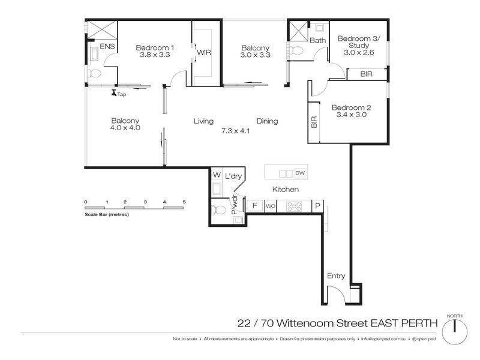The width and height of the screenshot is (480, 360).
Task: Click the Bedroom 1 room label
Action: (x=155, y=48)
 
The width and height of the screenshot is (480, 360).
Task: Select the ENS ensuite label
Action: (x=107, y=46)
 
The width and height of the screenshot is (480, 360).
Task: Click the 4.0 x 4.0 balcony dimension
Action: (x=125, y=128)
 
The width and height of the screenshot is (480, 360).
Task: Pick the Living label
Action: (x=203, y=121)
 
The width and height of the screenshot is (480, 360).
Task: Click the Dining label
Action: (x=267, y=121)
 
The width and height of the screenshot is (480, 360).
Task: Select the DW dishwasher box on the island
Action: (x=300, y=173)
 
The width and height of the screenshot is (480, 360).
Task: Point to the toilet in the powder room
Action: (x=218, y=210)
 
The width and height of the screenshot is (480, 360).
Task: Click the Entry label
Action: (x=336, y=275)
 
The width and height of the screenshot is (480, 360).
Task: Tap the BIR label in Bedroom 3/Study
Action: (x=366, y=74)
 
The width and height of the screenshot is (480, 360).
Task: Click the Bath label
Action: (x=317, y=41)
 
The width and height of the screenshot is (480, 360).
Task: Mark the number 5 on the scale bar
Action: (x=185, y=202)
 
